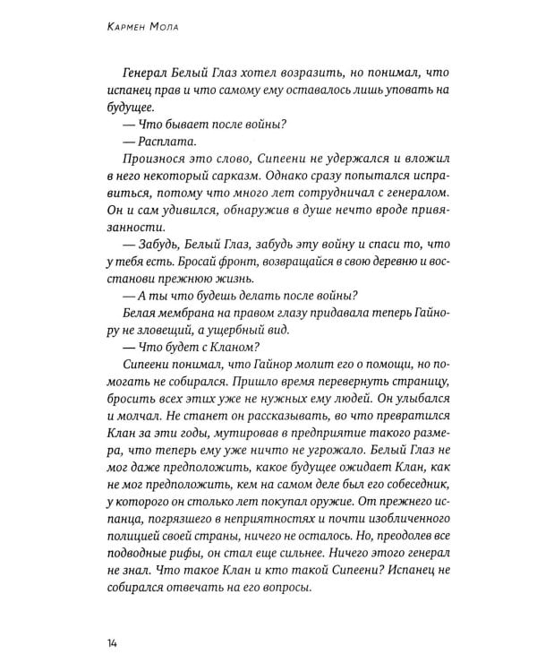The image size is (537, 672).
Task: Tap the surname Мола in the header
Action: click(x=170, y=29)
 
